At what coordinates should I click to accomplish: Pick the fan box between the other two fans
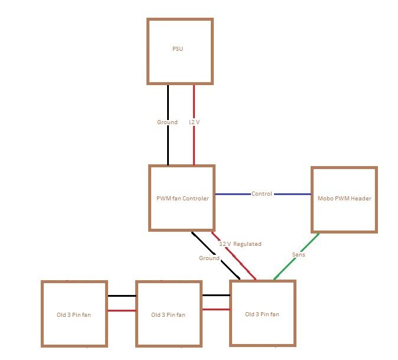click(x=169, y=313)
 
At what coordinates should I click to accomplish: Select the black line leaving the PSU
click(x=168, y=142)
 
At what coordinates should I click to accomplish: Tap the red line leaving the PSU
click(x=194, y=142)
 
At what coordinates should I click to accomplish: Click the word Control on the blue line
click(x=262, y=194)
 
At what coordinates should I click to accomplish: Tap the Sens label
click(x=299, y=254)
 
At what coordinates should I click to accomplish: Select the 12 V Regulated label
click(x=240, y=244)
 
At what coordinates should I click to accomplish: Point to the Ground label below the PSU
click(x=167, y=122)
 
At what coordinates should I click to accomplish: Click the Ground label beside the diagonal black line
click(x=209, y=258)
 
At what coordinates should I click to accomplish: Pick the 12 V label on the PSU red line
click(x=194, y=122)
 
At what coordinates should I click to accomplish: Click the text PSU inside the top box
click(x=177, y=48)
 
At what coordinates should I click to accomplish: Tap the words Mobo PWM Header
click(x=344, y=199)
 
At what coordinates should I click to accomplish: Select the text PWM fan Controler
click(x=182, y=199)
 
